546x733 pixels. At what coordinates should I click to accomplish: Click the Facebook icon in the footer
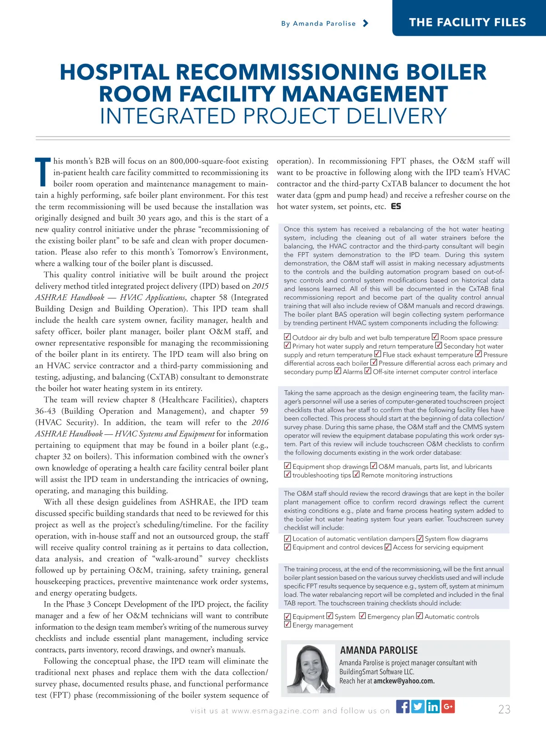[403, 707]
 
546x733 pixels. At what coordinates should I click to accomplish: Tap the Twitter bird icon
[418, 707]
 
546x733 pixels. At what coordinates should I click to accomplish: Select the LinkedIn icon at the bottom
[433, 707]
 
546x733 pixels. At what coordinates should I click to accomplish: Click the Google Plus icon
[448, 707]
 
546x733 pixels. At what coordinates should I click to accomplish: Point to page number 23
[504, 709]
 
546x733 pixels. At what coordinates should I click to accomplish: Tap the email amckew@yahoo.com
[404, 681]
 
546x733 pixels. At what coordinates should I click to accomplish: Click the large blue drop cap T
[43, 172]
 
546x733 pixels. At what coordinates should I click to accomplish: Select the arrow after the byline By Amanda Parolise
[365, 23]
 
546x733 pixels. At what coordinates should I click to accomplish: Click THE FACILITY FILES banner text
[467, 22]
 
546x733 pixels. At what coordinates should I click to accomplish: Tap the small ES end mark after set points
[396, 207]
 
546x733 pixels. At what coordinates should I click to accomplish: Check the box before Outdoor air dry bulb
[288, 337]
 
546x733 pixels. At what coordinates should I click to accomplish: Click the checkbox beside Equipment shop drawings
[288, 466]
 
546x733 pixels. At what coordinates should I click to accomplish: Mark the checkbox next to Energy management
[288, 625]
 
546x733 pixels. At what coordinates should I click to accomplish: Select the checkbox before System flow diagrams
[420, 539]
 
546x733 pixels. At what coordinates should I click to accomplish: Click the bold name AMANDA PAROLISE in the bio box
[379, 650]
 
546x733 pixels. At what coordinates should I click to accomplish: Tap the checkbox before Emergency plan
[363, 616]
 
